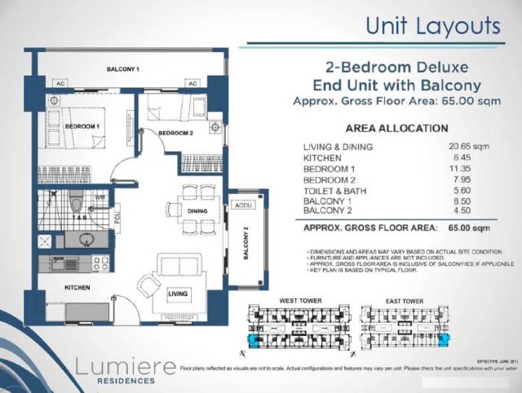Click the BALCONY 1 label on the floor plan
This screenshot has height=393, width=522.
click(123, 69)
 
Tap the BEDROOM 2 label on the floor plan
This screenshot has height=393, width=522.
click(175, 133)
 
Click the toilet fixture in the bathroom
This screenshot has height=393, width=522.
click(76, 201)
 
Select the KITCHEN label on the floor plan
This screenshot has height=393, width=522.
click(77, 288)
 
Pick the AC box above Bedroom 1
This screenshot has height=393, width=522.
click(60, 84)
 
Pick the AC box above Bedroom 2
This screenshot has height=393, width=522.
click(192, 84)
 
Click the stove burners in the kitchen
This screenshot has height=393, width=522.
click(100, 263)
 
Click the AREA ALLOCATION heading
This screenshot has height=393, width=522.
click(396, 128)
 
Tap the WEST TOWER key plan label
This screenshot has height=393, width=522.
click(301, 302)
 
